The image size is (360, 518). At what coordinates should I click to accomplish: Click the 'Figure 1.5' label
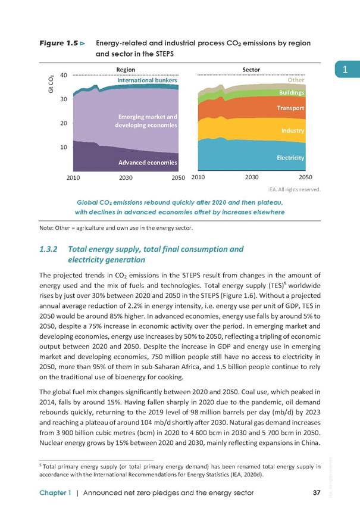(x=59, y=43)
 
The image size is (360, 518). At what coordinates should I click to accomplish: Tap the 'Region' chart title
(x=126, y=70)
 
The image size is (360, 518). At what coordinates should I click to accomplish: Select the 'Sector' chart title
(x=251, y=70)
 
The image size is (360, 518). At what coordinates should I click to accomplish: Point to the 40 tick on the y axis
(x=64, y=75)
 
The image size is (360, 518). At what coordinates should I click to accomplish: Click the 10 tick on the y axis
(x=64, y=147)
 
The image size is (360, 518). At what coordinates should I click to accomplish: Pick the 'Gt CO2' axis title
(x=51, y=85)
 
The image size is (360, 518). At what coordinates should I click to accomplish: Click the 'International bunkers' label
(x=148, y=80)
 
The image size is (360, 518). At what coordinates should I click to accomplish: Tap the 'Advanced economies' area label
(x=148, y=163)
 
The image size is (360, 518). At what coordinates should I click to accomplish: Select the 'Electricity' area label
(x=290, y=158)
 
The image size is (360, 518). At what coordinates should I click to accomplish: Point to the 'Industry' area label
(x=293, y=131)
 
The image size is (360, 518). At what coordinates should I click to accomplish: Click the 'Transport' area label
(x=290, y=108)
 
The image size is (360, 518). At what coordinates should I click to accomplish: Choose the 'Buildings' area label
(x=292, y=92)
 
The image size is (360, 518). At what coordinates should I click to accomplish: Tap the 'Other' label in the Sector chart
(x=296, y=80)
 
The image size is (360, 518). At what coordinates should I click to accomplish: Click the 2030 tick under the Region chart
(x=126, y=178)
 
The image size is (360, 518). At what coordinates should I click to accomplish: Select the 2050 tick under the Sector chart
(x=305, y=177)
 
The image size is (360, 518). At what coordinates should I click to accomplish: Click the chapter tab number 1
(x=345, y=70)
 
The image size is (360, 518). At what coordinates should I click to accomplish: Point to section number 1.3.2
(x=48, y=249)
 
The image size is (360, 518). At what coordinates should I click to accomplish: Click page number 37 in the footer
(x=317, y=493)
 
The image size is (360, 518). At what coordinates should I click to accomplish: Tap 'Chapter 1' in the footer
(x=55, y=493)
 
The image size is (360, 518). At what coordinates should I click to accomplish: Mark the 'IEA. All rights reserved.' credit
(x=294, y=189)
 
